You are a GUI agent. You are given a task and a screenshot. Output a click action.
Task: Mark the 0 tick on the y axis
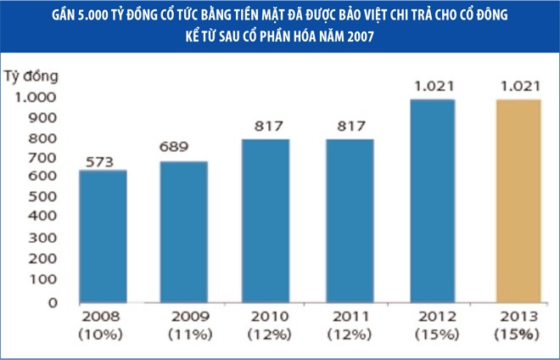pos(52,302)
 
